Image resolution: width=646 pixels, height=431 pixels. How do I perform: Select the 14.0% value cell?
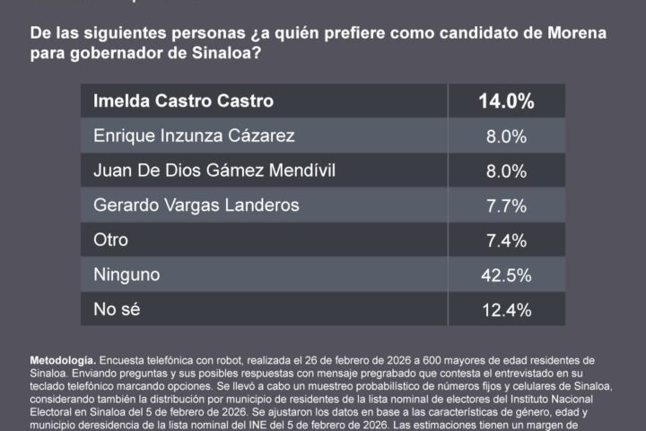pos(505,101)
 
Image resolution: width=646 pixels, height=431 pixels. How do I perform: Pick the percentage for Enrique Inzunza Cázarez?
pos(505,136)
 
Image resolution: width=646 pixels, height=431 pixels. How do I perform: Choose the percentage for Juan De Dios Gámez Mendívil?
pos(505,172)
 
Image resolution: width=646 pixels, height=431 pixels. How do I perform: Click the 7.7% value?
pos(505,206)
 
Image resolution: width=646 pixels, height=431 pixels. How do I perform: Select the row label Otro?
pos(111,241)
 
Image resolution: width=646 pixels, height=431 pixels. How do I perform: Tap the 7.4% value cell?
pos(505,241)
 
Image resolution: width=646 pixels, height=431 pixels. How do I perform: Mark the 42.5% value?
pos(505,276)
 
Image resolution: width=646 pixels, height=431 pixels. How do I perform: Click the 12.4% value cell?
pos(505,311)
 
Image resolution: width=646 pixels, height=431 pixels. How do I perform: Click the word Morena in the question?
pos(580,33)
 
